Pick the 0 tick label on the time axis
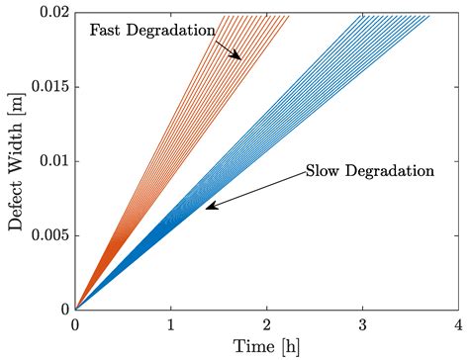pyautogui.click(x=75, y=324)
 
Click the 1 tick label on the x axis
pyautogui.click(x=171, y=324)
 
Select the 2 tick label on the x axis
pyautogui.click(x=266, y=324)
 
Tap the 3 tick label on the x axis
pyautogui.click(x=362, y=324)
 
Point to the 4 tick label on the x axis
pyautogui.click(x=457, y=324)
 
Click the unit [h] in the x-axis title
pyautogui.click(x=287, y=345)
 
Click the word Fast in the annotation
pyautogui.click(x=107, y=30)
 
